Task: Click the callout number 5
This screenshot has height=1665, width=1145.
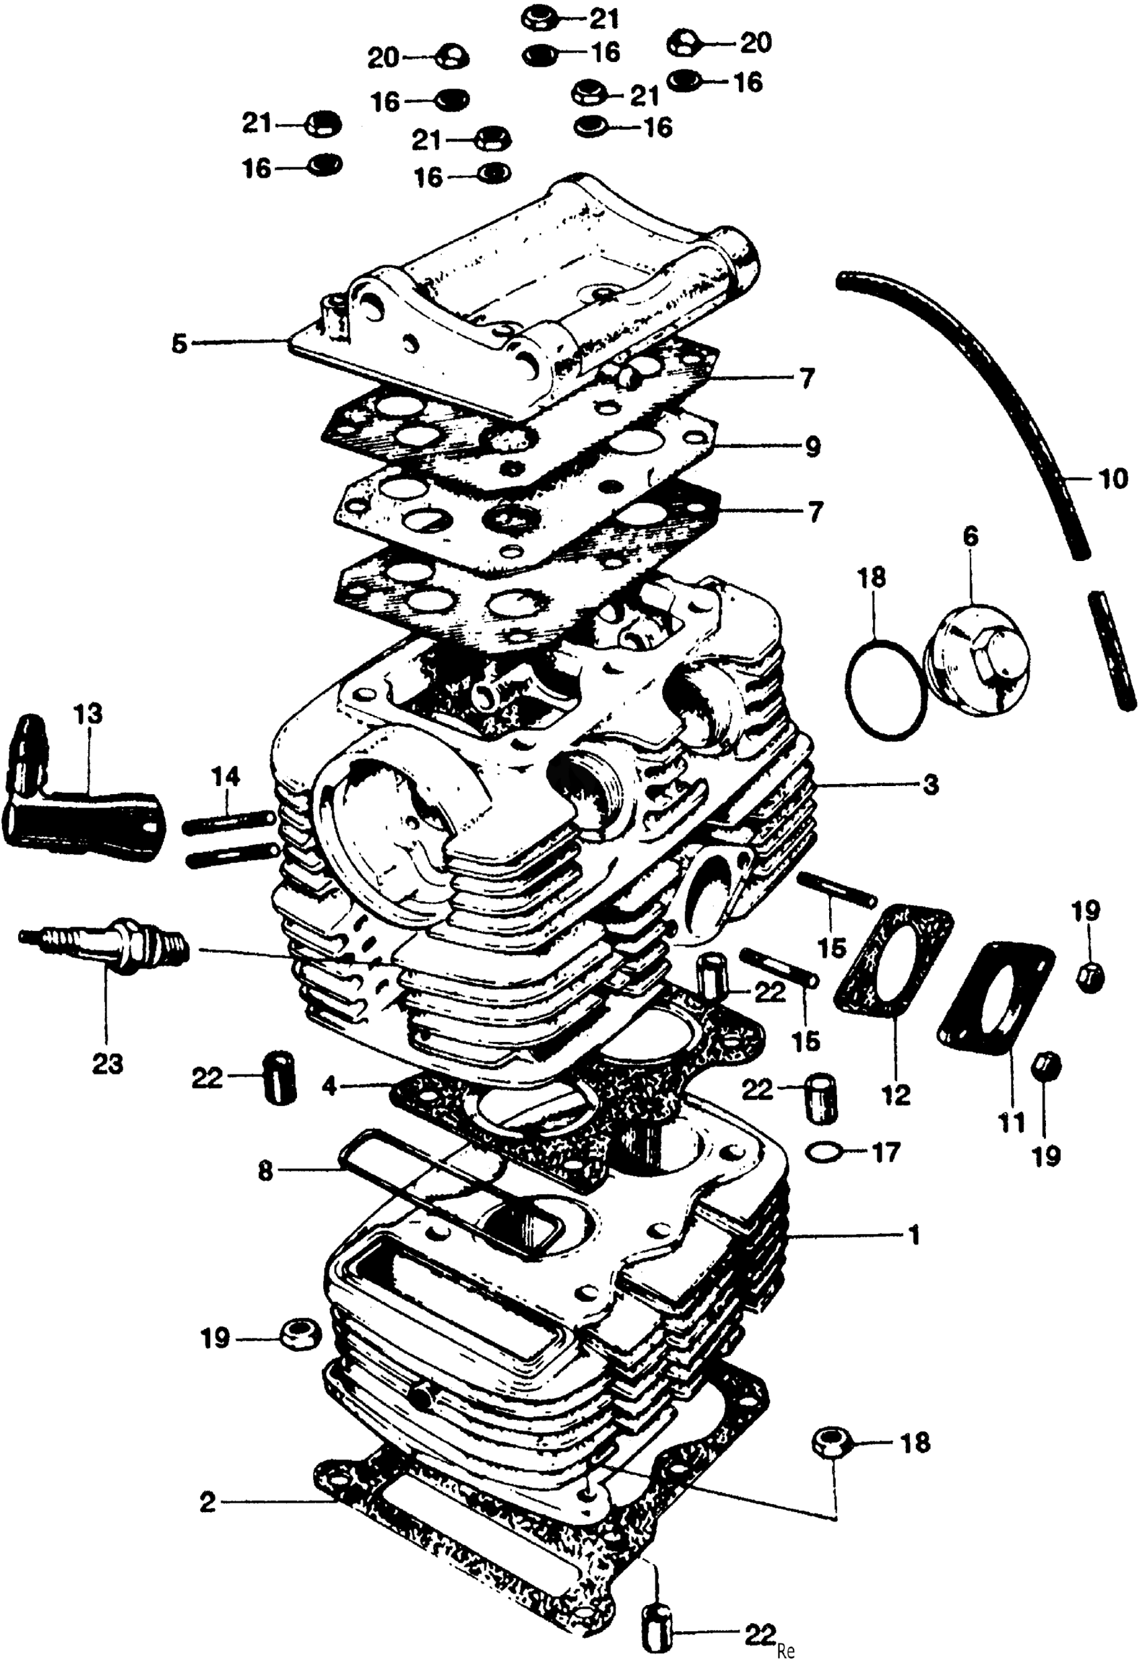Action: (x=179, y=344)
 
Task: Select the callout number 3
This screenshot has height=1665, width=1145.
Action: (x=931, y=785)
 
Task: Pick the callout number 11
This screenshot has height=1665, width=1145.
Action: (x=1012, y=1123)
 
